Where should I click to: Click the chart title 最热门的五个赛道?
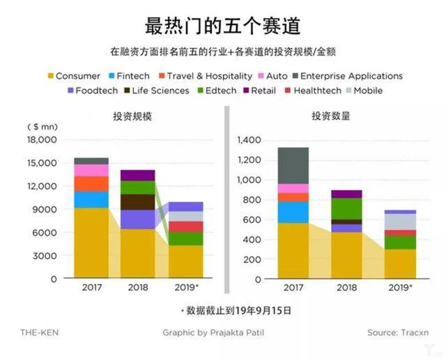tap(222, 26)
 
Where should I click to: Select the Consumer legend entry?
tap(77, 76)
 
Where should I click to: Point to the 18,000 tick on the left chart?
tap(41, 140)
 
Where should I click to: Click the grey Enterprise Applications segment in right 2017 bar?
tap(293, 165)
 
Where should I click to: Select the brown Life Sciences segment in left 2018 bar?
tap(138, 201)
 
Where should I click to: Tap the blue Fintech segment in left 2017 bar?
tap(91, 199)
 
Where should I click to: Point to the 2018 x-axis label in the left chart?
tap(138, 287)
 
